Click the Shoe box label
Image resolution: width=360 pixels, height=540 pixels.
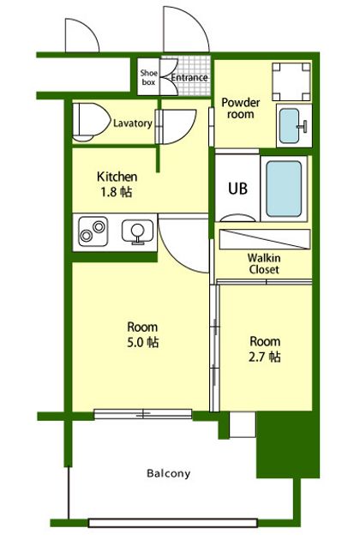149,77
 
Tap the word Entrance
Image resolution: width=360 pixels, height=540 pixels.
189,77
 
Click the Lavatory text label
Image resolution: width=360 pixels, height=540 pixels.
133,123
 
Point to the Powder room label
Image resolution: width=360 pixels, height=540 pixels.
241,108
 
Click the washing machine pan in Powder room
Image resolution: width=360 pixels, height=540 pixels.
291,81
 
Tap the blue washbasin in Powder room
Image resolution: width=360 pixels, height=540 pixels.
289,126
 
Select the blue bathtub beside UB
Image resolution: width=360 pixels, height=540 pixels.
284,189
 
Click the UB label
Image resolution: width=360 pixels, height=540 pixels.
237,189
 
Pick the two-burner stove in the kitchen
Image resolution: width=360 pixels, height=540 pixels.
93,231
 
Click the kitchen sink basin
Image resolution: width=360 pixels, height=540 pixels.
137,231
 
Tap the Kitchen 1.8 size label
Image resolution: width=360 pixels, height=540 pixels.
117,184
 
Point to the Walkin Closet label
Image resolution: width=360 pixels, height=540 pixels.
264,263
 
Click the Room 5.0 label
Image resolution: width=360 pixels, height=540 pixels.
142,334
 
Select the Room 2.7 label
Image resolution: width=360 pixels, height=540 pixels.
265,349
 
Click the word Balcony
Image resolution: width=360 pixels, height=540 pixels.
169,473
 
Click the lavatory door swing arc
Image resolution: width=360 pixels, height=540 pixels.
189,134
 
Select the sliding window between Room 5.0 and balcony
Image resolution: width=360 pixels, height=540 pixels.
143,414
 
